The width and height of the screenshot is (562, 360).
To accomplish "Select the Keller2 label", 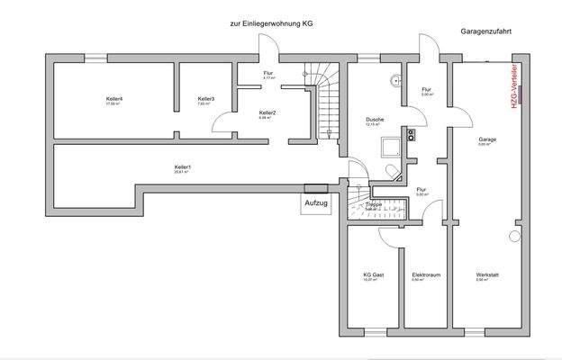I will (267, 112).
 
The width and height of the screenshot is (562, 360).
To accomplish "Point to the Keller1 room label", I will (183, 167).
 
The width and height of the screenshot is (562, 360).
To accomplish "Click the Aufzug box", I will (316, 204).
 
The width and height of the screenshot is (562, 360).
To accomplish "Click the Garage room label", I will (487, 139).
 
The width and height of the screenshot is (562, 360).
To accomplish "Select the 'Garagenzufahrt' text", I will (486, 30).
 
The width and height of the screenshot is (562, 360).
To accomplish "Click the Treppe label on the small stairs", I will (374, 205).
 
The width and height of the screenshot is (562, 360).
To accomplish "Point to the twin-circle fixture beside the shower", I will (411, 136).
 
